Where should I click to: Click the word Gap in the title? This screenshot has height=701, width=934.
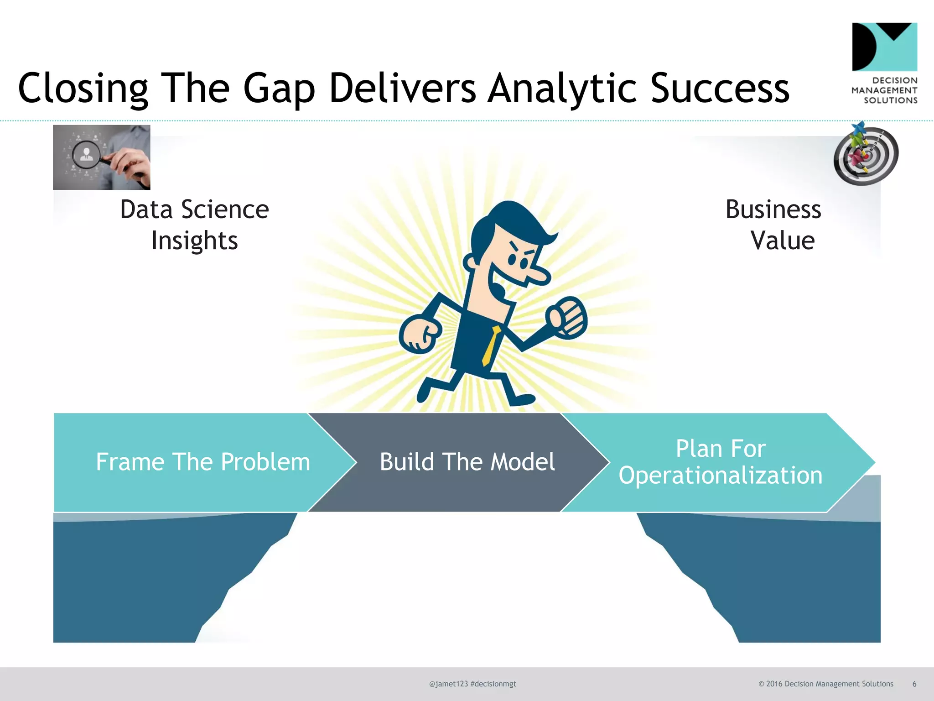pos(279,89)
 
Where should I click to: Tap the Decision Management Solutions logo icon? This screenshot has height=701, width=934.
pos(884,47)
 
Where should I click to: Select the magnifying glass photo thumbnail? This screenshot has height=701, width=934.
pos(102,157)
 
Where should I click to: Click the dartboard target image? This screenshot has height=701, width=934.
pos(866,155)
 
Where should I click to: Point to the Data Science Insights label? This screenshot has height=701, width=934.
pos(194,225)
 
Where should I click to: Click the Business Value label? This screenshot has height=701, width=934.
pos(774,225)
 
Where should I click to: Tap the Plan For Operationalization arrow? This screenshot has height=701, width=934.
pos(720,462)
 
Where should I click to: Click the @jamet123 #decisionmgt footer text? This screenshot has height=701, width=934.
pos(472,684)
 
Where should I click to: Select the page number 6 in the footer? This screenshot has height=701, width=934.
pos(914,684)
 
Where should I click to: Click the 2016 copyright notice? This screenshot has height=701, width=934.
pos(825,684)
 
